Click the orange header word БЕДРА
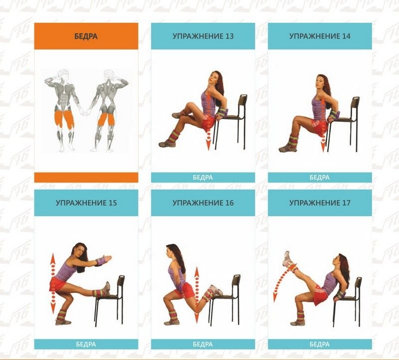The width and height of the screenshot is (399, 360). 86,36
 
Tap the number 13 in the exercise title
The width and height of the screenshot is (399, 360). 229,36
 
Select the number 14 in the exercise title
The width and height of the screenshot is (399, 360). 346,36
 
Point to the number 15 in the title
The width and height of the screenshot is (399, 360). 112,203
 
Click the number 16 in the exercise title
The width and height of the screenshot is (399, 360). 229,203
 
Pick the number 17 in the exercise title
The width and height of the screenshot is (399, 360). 346,203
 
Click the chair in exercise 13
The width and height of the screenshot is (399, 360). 230,122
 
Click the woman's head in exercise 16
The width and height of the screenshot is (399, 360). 171,251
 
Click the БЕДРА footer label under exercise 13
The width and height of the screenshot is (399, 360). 203,178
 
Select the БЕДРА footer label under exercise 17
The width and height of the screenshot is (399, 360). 320,344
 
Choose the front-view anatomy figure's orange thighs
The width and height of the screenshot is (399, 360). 65,119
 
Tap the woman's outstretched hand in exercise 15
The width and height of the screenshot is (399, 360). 106,258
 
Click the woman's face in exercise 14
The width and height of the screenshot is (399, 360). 319,82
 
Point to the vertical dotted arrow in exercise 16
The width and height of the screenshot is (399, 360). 197,295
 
